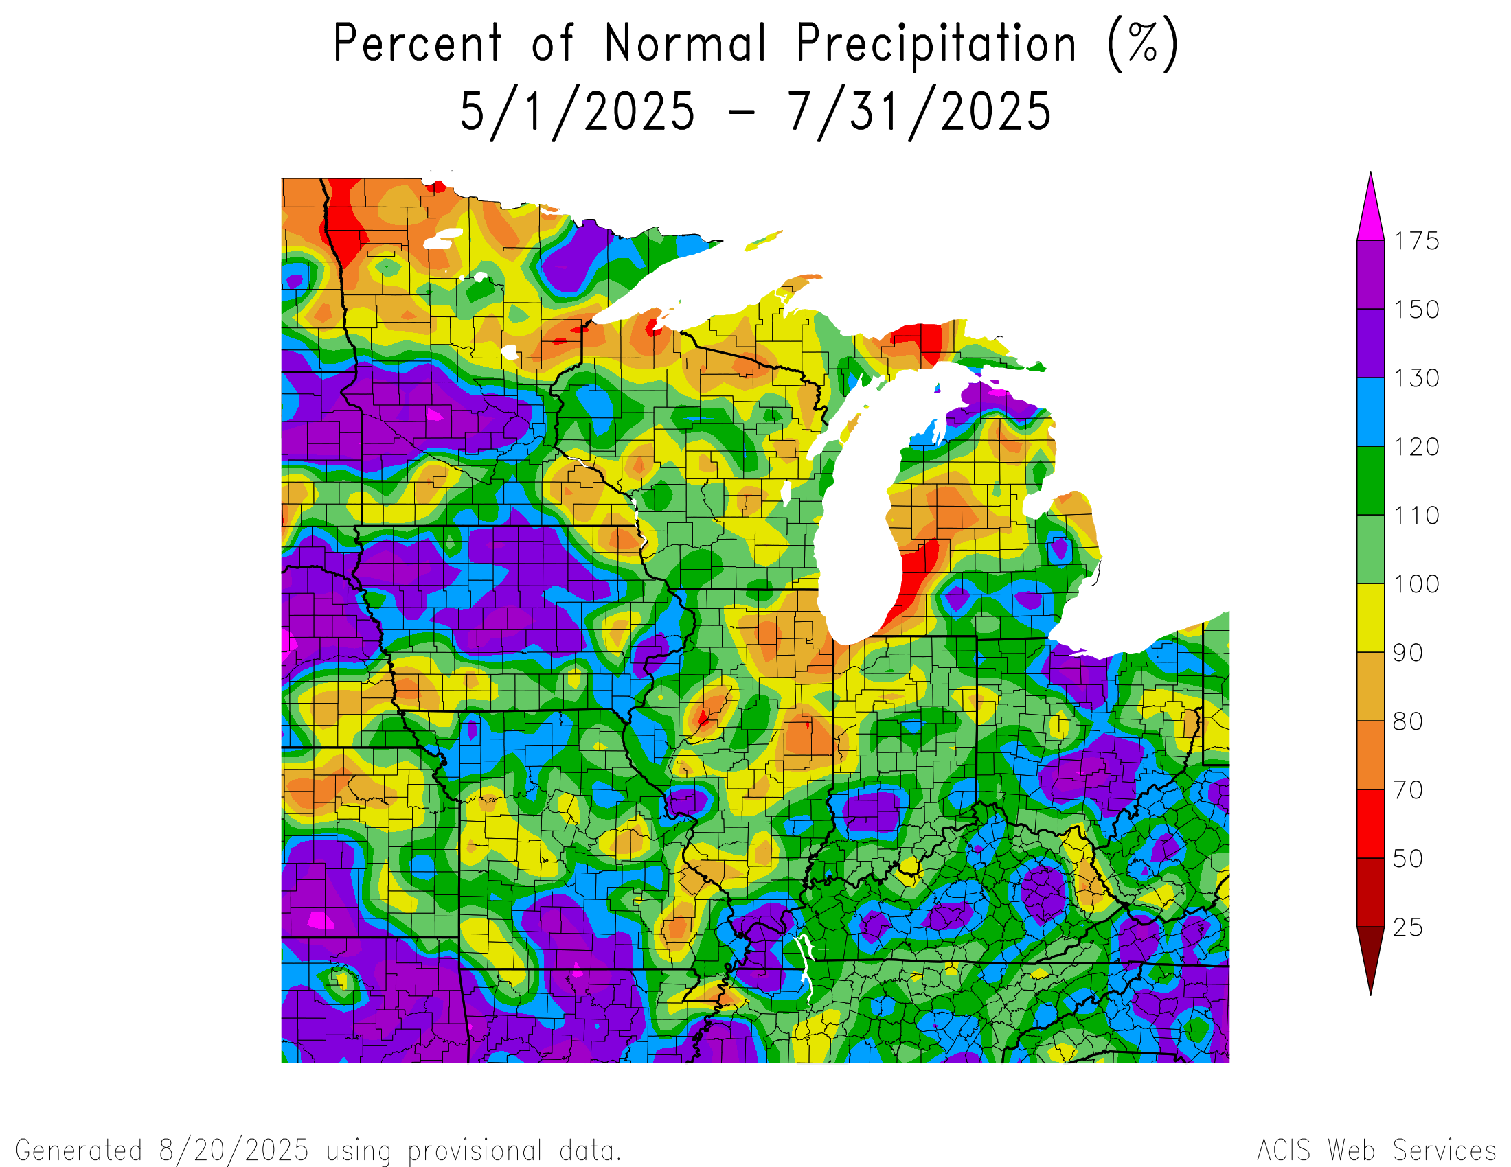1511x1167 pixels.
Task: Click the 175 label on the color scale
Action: [1416, 240]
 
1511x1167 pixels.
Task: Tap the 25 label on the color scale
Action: [1408, 927]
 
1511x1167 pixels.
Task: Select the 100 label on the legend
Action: [1416, 584]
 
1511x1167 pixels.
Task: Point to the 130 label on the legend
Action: [1416, 378]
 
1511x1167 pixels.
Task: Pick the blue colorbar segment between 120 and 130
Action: [1371, 412]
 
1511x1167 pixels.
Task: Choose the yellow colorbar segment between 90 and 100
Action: [1371, 618]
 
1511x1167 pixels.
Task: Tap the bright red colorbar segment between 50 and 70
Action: [1371, 824]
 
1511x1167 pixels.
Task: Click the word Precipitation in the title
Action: [935, 44]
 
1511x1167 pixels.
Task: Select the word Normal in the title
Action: [685, 44]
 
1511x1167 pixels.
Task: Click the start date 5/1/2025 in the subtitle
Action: [577, 112]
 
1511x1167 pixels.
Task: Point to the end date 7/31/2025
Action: [920, 112]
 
